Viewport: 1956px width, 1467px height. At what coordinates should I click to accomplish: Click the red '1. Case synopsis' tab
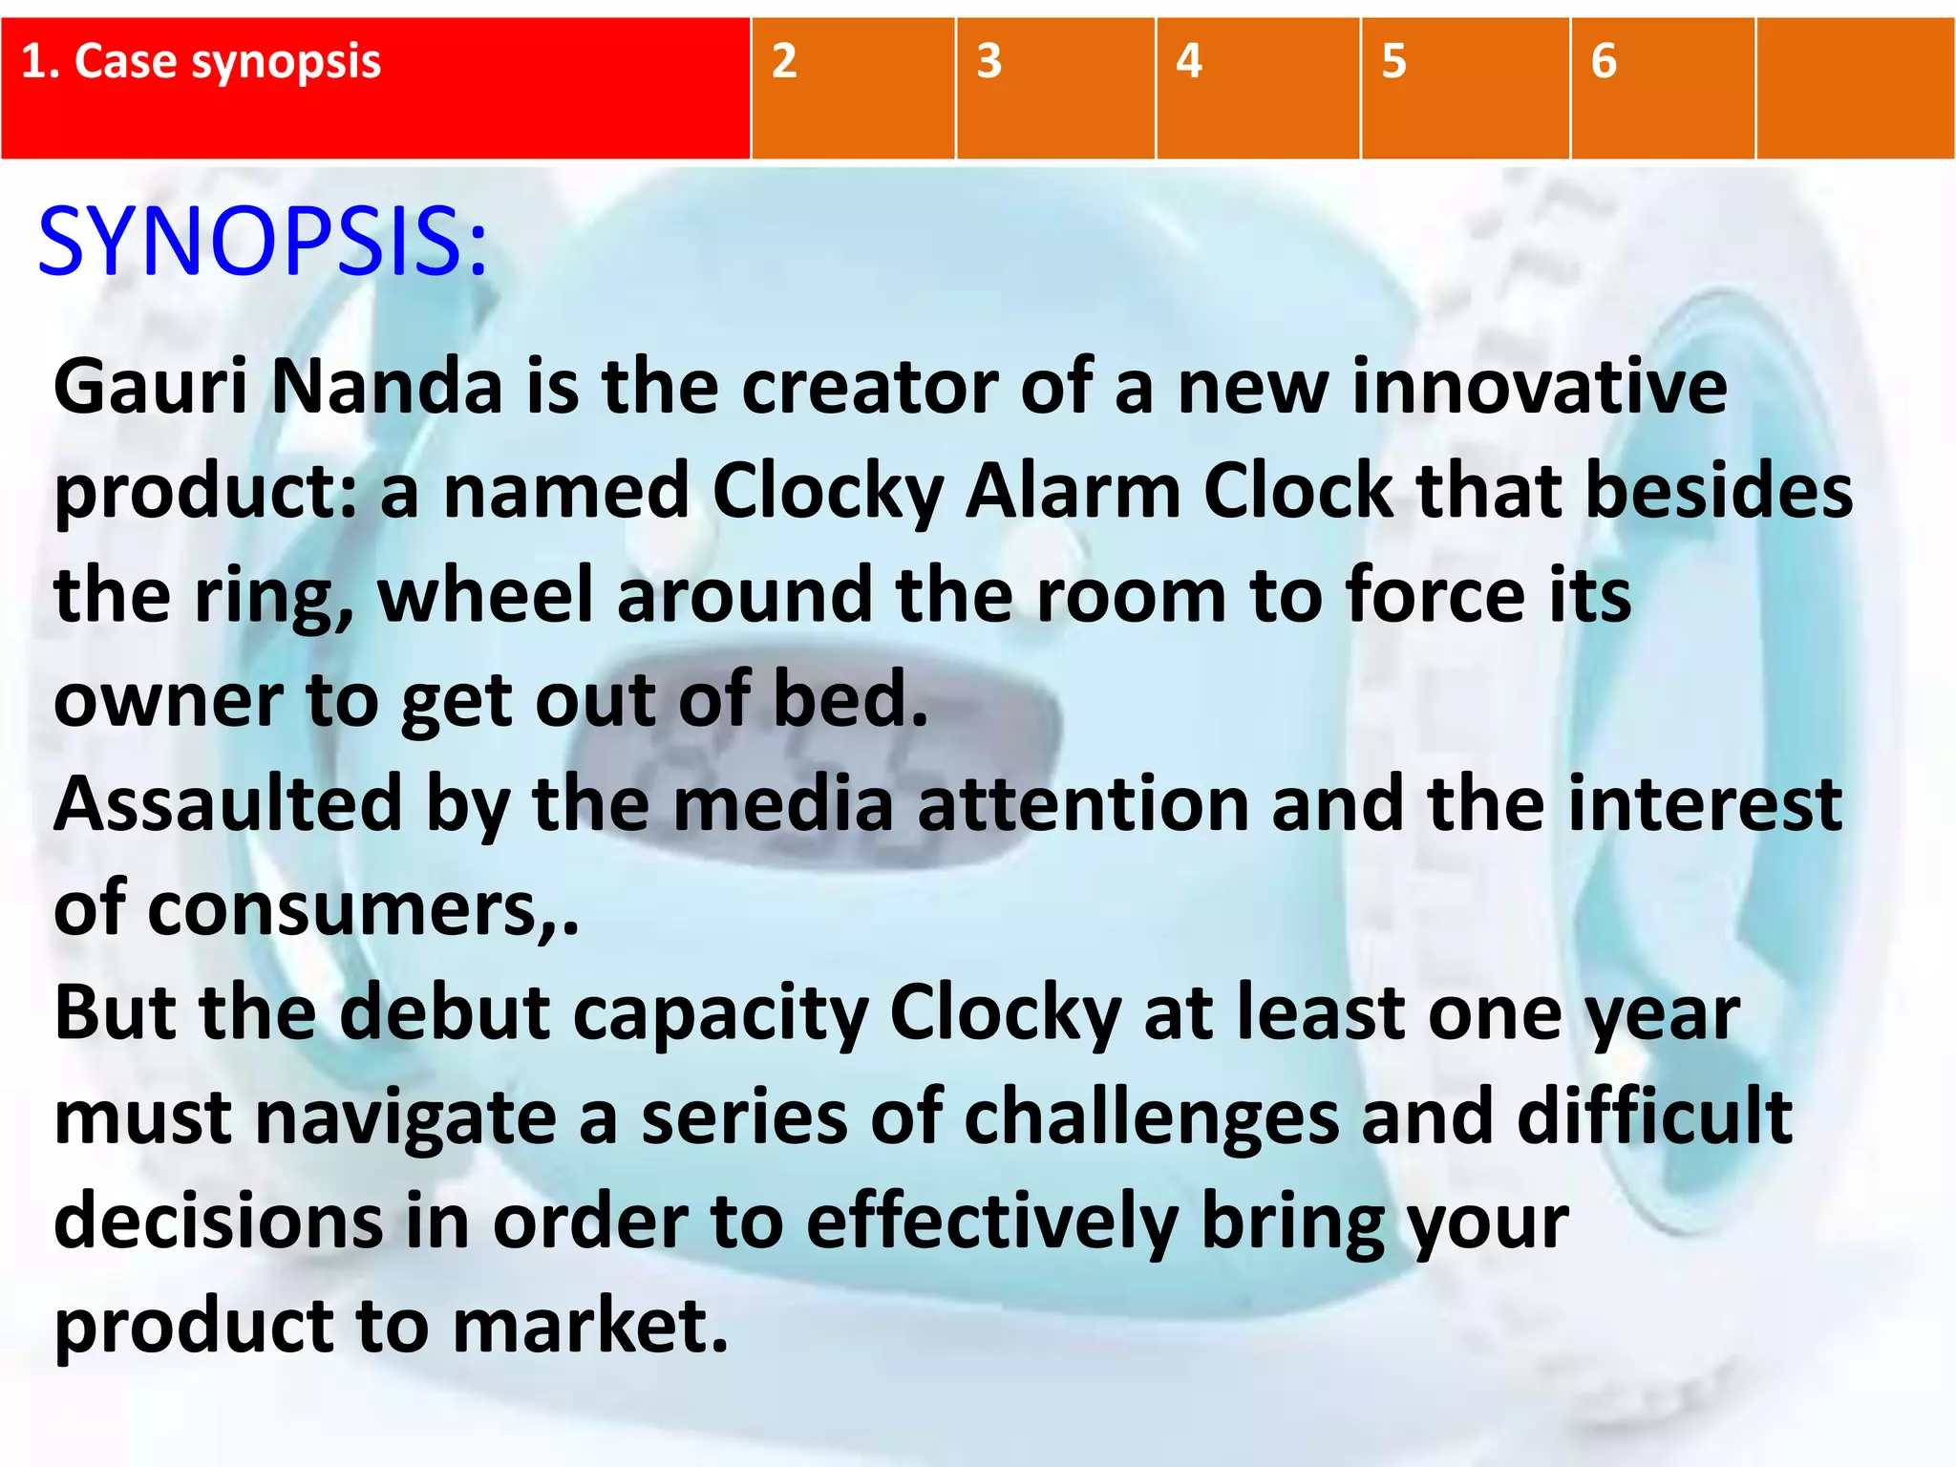pyautogui.click(x=374, y=88)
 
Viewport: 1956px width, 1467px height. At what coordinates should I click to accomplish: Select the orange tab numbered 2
pyautogui.click(x=852, y=88)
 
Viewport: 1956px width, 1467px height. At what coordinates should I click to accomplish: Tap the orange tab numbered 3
pyautogui.click(x=1055, y=88)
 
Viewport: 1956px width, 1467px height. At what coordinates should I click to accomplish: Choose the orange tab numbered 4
pyautogui.click(x=1257, y=88)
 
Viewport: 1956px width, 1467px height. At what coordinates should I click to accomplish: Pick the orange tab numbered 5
pyautogui.click(x=1464, y=88)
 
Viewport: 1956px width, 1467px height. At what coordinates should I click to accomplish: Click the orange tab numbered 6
pyautogui.click(x=1662, y=88)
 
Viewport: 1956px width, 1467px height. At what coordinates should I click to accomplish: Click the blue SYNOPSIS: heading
pyautogui.click(x=263, y=243)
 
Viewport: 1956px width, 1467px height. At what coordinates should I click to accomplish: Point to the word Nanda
pyautogui.click(x=387, y=387)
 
